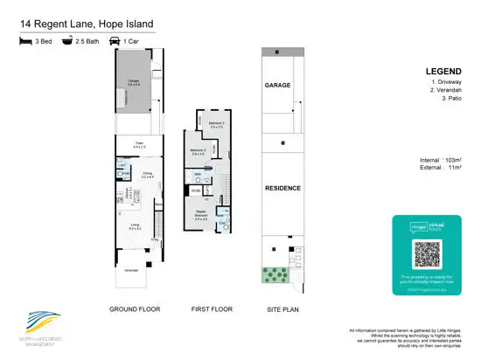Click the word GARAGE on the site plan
coord(277,86)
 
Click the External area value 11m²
coord(451,170)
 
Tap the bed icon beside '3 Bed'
coord(22,40)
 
